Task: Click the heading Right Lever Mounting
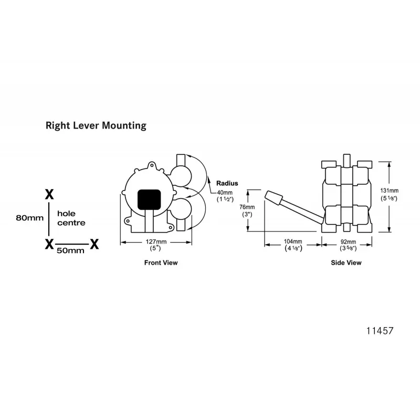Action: [x=96, y=125]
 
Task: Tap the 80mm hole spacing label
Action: [x=30, y=218]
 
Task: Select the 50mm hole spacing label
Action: [x=70, y=251]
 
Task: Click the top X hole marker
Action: [x=49, y=194]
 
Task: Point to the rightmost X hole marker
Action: [x=94, y=244]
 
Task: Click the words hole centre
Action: [x=71, y=218]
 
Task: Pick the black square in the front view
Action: [x=149, y=199]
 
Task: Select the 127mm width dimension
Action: [x=156, y=245]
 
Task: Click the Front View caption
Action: [x=161, y=263]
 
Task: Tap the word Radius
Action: [x=227, y=183]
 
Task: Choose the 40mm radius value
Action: [x=225, y=196]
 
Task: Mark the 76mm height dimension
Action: [x=247, y=211]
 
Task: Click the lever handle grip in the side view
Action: [x=274, y=198]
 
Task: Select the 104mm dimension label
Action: [x=293, y=245]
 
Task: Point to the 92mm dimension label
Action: [x=348, y=245]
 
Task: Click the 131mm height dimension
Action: [x=389, y=194]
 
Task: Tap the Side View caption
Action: [x=346, y=263]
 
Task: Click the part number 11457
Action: [x=380, y=331]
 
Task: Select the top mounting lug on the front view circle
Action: [x=151, y=165]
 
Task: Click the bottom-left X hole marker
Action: [x=49, y=244]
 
